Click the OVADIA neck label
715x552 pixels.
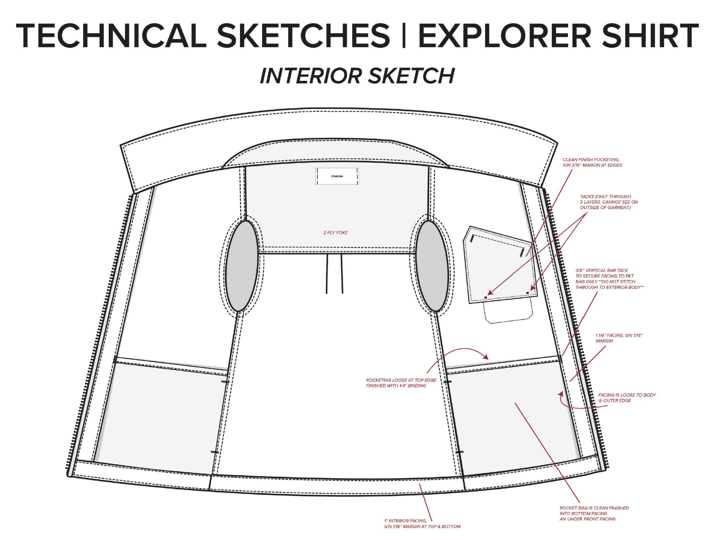tap(337, 176)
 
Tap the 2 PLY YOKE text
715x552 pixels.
tap(335, 233)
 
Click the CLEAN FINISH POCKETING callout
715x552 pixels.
tap(592, 162)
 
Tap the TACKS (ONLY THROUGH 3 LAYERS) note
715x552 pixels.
tap(609, 202)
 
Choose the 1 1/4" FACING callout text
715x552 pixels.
tap(619, 338)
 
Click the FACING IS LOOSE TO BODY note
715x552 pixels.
tap(627, 398)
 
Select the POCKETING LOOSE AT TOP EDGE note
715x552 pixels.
tap(401, 383)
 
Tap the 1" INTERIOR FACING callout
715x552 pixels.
tap(422, 523)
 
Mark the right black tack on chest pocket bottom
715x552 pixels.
tap(527, 292)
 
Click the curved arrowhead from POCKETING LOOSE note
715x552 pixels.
tap(486, 357)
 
